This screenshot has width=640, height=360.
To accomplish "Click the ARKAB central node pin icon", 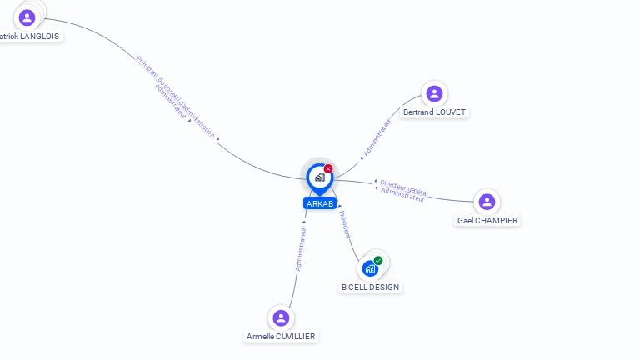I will (319, 177).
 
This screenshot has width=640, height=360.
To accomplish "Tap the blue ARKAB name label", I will (320, 203).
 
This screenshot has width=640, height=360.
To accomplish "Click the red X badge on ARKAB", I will (328, 168).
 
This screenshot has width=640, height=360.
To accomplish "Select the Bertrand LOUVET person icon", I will (433, 93).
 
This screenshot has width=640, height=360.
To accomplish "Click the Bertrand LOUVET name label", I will (434, 112).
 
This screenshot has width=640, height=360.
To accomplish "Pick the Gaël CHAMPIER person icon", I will (487, 202).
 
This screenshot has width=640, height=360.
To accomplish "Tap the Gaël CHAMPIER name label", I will (487, 221).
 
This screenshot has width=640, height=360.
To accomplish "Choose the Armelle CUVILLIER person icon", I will (281, 317).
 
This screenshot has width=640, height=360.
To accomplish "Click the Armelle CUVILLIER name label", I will (282, 337).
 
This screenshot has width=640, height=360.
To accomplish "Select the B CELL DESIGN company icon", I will (370, 268).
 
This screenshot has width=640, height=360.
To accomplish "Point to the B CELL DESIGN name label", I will (370, 287).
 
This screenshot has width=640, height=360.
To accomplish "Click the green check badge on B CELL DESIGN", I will (378, 261).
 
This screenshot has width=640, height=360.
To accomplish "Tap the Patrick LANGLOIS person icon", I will (27, 17).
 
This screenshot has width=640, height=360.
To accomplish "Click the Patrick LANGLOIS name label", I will (30, 37).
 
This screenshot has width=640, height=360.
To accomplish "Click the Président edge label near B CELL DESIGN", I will (345, 224).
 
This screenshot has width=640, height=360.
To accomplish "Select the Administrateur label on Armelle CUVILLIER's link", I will (301, 249).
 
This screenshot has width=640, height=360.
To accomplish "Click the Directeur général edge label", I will (404, 187).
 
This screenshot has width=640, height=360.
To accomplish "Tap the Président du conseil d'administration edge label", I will (176, 96).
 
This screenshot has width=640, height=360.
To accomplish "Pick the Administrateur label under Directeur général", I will (402, 195).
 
